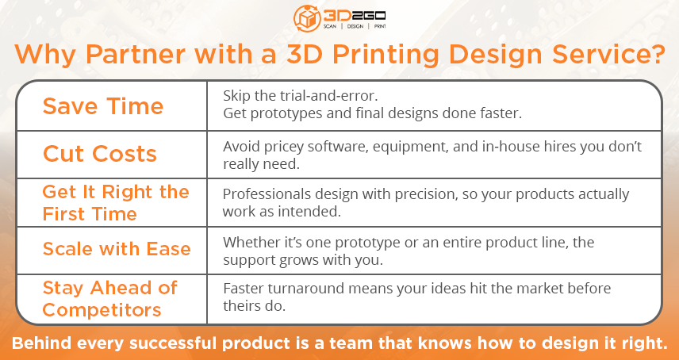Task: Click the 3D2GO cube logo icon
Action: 307,17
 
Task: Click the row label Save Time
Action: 103,106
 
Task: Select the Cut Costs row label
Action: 100,154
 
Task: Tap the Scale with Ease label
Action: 117,249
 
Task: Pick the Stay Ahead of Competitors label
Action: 110,299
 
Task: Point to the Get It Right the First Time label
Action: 116,203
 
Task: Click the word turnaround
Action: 310,289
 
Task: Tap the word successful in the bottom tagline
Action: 175,343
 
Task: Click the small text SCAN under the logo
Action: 330,26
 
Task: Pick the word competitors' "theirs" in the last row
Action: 242,305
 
